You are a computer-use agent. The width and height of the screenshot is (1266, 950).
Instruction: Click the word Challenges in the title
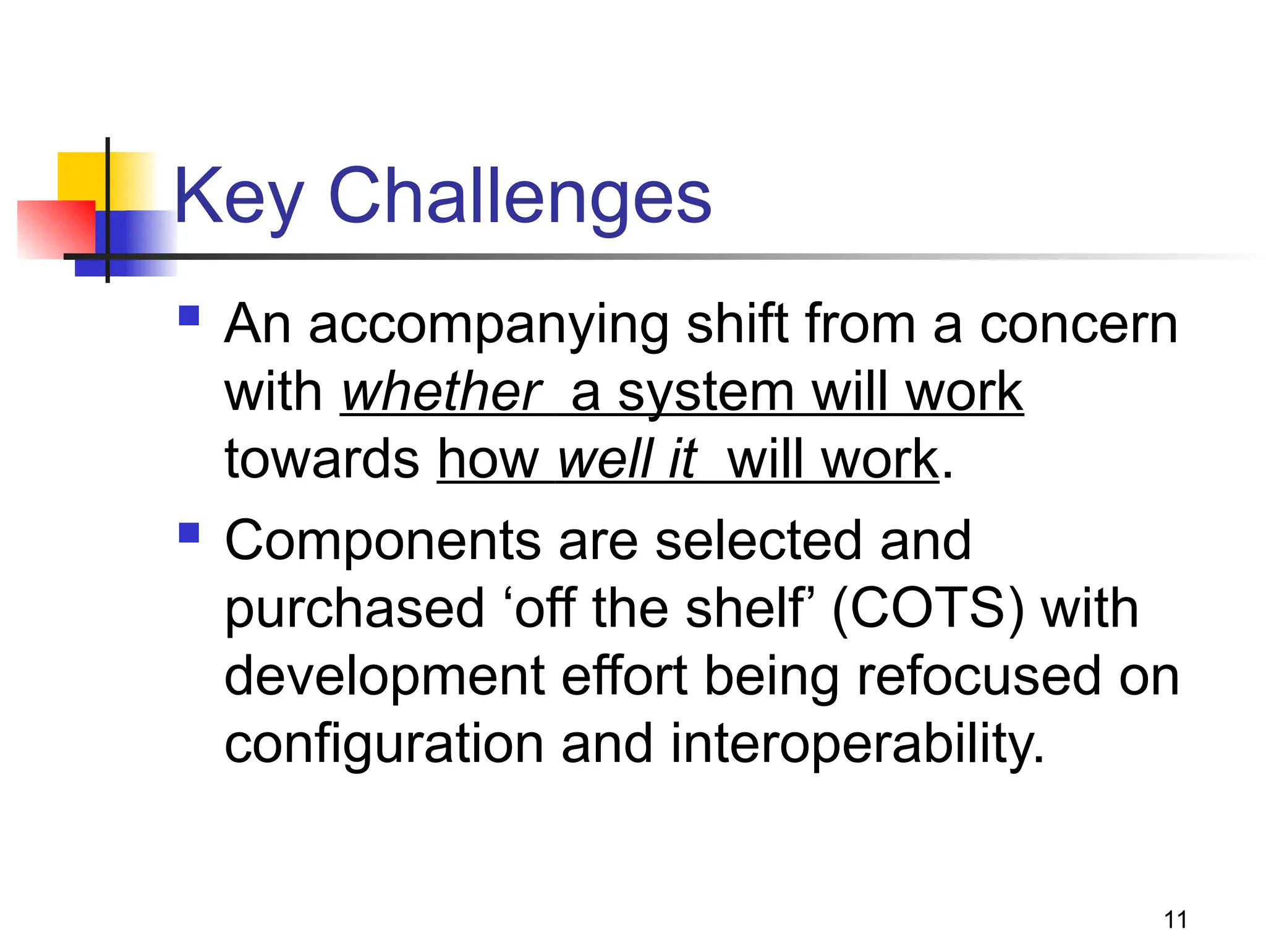[x=520, y=197]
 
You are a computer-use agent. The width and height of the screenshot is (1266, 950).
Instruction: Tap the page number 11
[x=1175, y=920]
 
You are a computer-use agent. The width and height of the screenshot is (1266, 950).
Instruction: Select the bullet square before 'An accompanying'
[x=189, y=316]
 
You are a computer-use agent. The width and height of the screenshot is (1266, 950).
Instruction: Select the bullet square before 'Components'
[x=189, y=533]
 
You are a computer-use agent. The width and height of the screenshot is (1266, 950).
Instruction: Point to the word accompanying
[x=488, y=326]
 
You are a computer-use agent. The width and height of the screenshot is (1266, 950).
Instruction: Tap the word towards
[x=321, y=459]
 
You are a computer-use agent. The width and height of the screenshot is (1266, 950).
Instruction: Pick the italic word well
[x=605, y=459]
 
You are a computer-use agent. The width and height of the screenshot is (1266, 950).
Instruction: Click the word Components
[x=383, y=541]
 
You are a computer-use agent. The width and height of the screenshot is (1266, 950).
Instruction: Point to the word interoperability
[x=857, y=744]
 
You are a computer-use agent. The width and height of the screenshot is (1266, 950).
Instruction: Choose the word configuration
[x=383, y=745]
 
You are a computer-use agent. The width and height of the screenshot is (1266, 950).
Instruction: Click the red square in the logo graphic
[x=56, y=229]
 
